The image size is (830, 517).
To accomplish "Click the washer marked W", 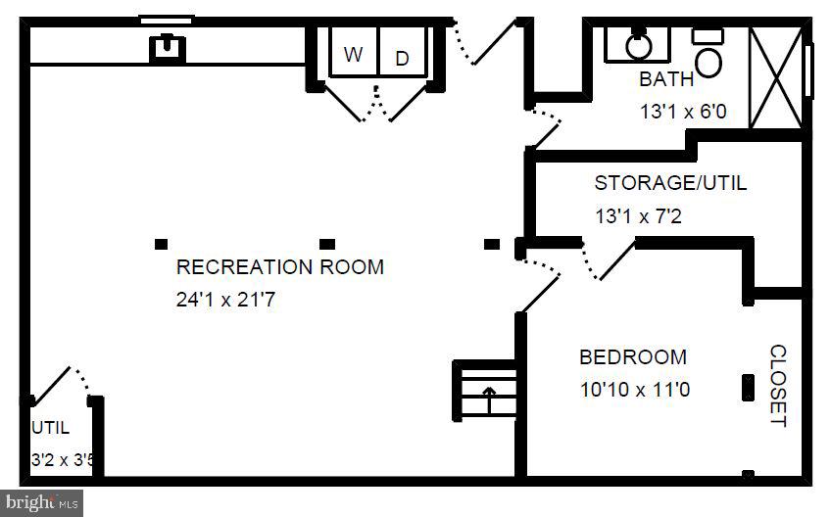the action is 354,51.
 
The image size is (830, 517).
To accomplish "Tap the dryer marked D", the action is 403,51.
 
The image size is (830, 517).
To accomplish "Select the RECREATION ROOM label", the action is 280,266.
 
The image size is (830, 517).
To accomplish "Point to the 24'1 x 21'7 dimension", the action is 225,300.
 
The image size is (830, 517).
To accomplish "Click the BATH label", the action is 666,79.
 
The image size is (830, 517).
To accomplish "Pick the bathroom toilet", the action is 708,54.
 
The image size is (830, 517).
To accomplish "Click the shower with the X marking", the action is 776,77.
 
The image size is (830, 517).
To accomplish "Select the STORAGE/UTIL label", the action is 670,183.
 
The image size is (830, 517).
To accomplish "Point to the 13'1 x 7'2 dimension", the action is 638,215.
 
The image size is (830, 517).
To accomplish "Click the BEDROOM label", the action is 633,357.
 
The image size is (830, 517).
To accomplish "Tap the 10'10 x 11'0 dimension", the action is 635,390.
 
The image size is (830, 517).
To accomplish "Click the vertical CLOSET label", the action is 778,386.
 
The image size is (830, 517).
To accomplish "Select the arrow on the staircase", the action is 489,399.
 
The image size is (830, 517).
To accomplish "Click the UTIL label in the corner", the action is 51,428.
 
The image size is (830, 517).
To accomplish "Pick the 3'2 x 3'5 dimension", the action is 63,460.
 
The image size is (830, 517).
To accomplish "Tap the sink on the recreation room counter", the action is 168,48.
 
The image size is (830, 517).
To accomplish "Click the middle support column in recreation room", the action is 327,244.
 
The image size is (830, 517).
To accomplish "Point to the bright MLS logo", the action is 42,501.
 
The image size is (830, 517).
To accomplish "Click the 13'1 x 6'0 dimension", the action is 683,112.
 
